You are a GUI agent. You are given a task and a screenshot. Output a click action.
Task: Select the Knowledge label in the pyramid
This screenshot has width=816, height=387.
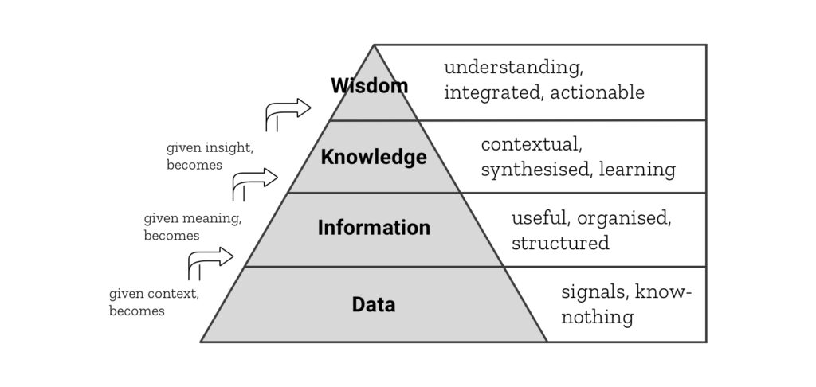(x=374, y=157)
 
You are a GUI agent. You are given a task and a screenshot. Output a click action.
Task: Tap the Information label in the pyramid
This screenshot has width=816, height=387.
(x=374, y=228)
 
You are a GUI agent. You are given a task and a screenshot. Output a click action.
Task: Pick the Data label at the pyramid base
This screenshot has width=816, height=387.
(x=374, y=304)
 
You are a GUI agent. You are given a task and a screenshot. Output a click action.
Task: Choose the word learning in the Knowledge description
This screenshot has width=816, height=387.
(x=637, y=170)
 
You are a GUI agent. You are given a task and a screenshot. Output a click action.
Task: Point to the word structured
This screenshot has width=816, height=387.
(x=560, y=243)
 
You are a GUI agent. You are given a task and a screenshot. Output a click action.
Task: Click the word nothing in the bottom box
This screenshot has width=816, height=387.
(x=597, y=317)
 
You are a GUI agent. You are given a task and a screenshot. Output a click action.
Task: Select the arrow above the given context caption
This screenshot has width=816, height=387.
(x=210, y=259)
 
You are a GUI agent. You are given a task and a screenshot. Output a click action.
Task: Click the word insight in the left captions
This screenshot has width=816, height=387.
(x=229, y=148)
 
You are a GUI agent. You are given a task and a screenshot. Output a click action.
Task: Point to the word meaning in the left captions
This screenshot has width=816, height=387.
(x=211, y=217)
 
